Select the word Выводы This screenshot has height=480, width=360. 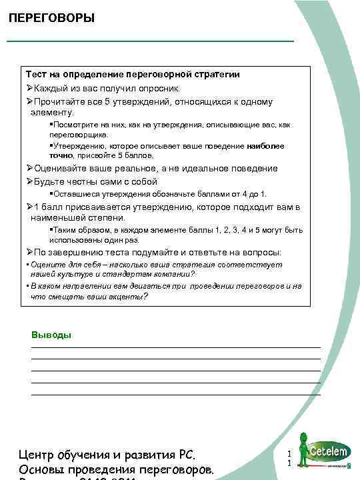point(51,335)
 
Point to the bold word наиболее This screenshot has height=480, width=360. point(265,145)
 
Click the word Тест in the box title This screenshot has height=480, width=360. point(36,74)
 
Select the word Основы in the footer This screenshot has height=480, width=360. point(50,471)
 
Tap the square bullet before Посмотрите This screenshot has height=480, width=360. point(51,125)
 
